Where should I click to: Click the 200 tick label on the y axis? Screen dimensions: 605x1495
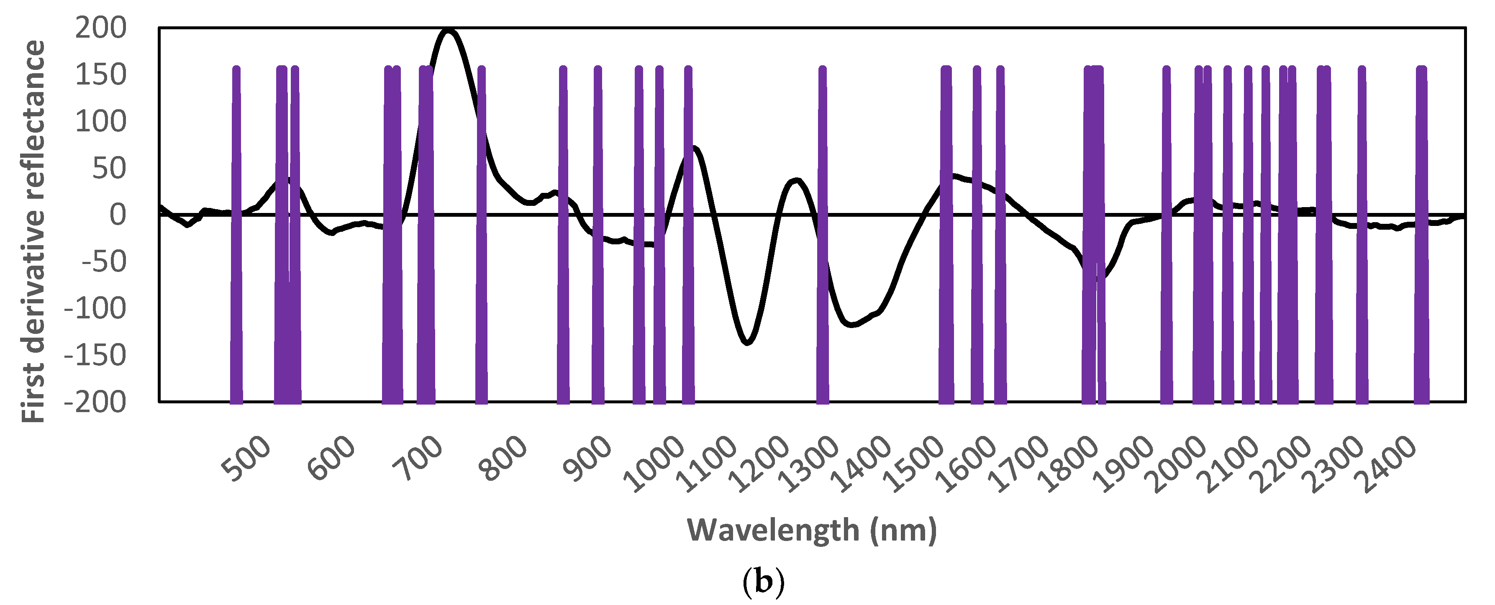(100, 28)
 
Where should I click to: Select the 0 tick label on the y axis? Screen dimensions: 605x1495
(118, 215)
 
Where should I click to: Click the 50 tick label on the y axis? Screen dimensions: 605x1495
(109, 168)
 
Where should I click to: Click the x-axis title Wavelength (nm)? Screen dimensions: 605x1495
(811, 530)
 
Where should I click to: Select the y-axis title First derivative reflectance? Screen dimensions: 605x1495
(33, 231)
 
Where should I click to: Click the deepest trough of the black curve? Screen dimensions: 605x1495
(747, 343)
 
